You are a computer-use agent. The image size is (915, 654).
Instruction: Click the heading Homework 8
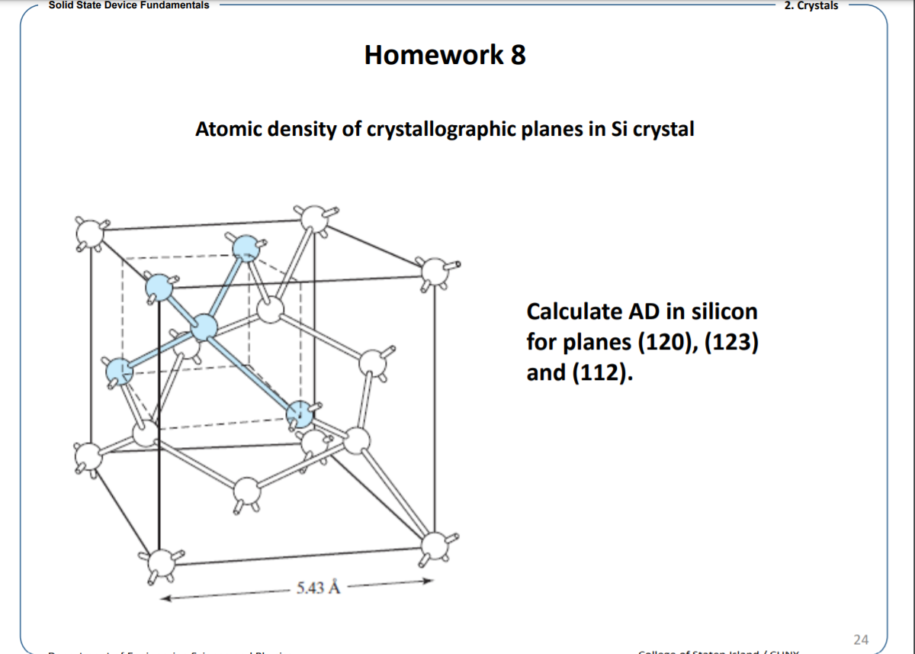click(445, 55)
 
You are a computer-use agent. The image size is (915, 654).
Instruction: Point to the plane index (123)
click(730, 343)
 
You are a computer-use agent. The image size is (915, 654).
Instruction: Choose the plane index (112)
click(601, 374)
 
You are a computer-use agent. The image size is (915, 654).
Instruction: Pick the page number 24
click(861, 638)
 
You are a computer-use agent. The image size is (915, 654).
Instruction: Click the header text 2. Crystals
click(811, 5)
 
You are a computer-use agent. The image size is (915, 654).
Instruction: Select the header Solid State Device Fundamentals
click(128, 5)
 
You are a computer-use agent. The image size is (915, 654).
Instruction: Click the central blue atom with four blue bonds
click(204, 327)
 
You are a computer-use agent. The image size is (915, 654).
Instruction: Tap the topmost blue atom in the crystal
click(245, 246)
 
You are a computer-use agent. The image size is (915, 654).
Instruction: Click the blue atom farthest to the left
click(117, 372)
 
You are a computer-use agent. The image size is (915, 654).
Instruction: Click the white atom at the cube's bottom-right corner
click(434, 544)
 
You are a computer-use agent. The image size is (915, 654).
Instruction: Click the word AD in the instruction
click(641, 311)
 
